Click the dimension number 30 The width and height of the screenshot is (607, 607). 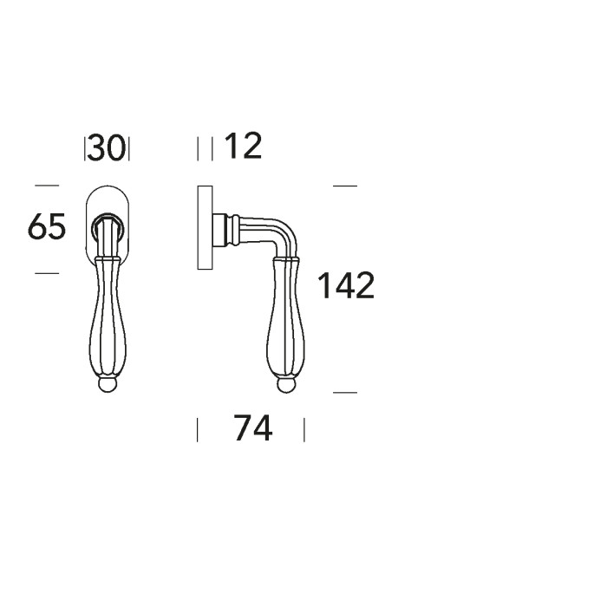107,147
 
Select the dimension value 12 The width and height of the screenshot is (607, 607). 243,146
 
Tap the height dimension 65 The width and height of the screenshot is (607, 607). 47,226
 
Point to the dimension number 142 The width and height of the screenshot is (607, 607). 346,285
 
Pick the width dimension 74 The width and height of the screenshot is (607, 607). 253,428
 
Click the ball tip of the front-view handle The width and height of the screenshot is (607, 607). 107,386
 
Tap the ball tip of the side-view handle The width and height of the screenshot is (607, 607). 286,386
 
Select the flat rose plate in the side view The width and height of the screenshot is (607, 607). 205,227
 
